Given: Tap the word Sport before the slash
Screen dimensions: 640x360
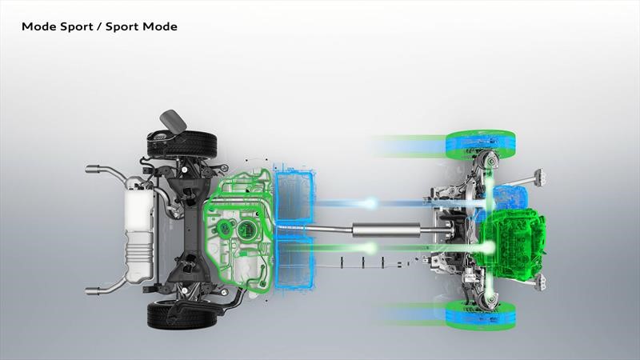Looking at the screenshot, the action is [77, 27].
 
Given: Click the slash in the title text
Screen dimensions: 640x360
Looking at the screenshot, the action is [99, 27].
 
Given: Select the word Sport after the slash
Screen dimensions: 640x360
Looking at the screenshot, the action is [122, 27].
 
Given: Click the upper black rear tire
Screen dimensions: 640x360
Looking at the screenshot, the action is [182, 144].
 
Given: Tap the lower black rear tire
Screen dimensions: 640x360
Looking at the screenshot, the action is [182, 314].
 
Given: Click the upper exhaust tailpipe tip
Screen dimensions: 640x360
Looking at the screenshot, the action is [93, 169].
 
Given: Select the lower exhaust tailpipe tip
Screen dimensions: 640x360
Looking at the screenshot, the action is [93, 290].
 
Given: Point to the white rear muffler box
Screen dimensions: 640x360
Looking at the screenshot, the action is [139, 230].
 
